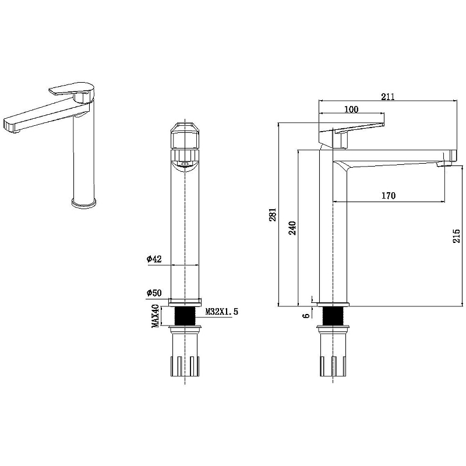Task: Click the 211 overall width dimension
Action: [x=388, y=97]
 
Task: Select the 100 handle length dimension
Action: [x=351, y=110]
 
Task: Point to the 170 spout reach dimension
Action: [x=389, y=196]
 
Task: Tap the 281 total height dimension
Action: [x=273, y=214]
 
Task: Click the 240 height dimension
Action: [x=293, y=228]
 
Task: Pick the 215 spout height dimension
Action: [x=457, y=236]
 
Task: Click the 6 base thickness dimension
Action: [x=306, y=316]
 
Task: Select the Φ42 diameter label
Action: [x=154, y=259]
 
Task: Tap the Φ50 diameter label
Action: [x=154, y=293]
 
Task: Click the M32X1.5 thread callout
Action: [x=222, y=312]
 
